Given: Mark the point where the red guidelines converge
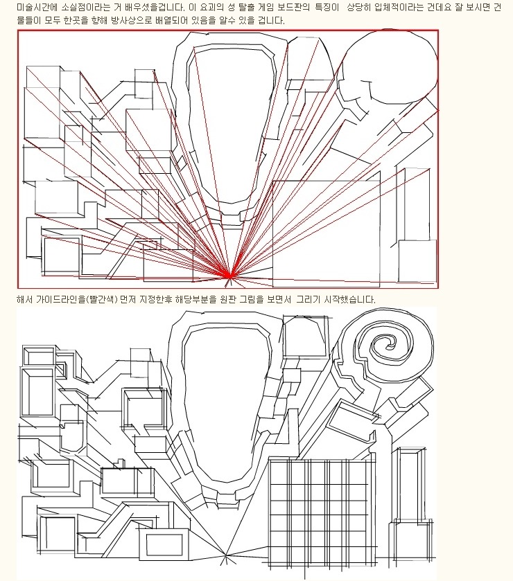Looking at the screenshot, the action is tap(229, 276).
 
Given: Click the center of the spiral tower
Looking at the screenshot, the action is tap(389, 346).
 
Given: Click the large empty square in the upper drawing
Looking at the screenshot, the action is tap(327, 233).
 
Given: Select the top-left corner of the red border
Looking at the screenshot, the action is tap(18, 30).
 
